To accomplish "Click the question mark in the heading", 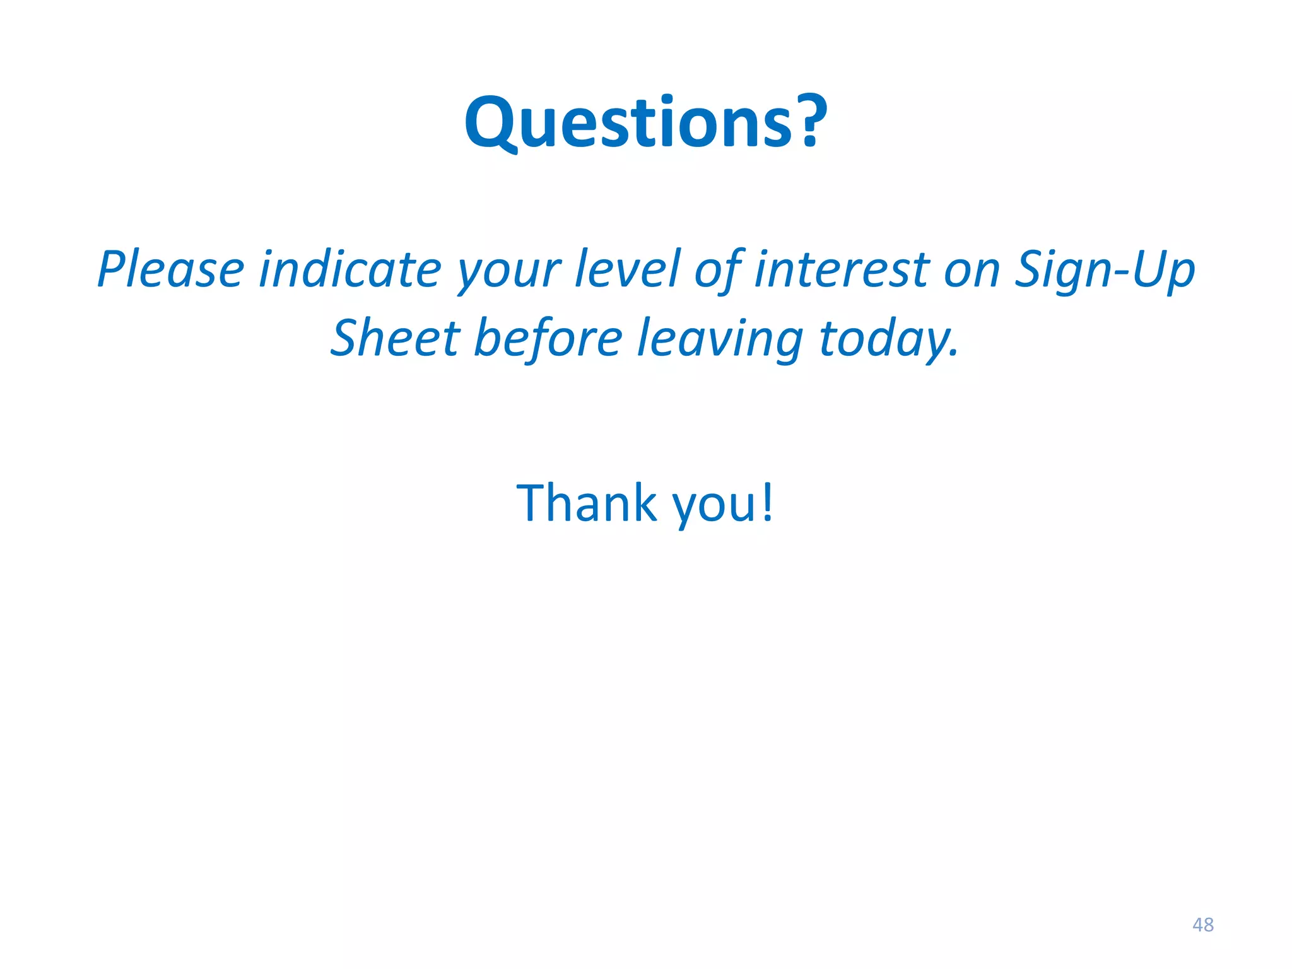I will [809, 120].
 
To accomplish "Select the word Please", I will [171, 269].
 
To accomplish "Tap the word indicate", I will [350, 269].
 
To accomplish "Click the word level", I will [628, 269].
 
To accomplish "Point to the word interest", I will [842, 269].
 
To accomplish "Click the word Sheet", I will [396, 338].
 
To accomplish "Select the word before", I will [548, 338].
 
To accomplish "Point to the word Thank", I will [587, 503].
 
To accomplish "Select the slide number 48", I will [1202, 925].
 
